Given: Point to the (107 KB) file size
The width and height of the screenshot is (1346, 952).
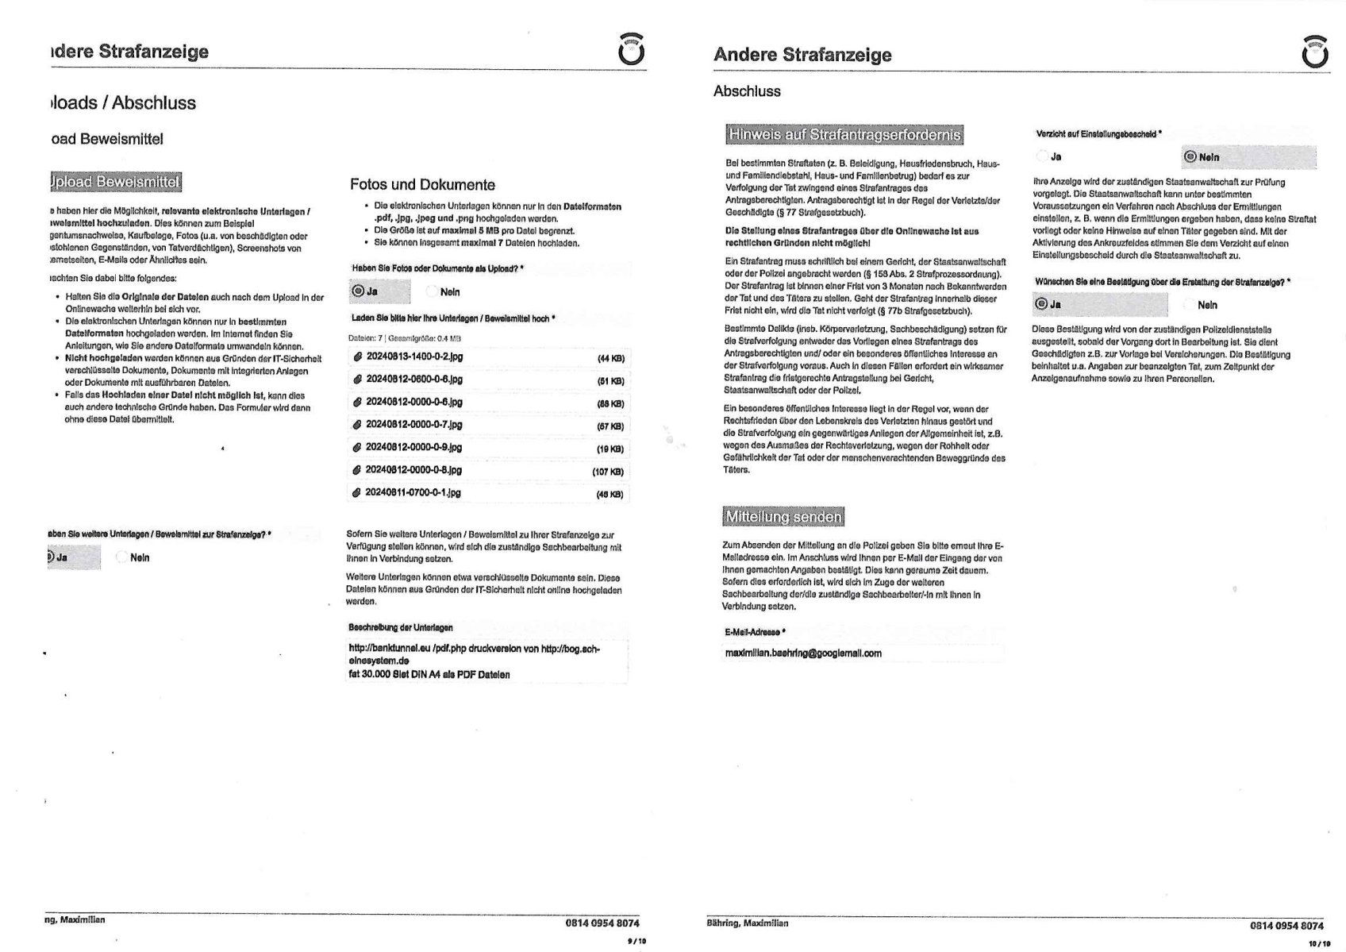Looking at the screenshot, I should coord(608,472).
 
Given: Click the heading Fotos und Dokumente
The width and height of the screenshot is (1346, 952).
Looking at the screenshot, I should coord(422,185).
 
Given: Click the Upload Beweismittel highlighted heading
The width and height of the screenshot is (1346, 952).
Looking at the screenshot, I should coord(115,182).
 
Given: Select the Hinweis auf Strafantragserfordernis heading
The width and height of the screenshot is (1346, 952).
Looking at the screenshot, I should coord(844,134).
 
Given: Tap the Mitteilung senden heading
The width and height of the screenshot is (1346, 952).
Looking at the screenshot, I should coord(783,517).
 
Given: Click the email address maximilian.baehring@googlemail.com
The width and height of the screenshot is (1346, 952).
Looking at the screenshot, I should coord(802,653).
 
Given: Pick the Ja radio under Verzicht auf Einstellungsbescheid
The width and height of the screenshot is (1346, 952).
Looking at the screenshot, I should coord(1043,157).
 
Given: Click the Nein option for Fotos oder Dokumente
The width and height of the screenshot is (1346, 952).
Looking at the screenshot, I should coord(433,292).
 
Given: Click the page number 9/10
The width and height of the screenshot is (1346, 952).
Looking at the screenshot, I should coord(636,941).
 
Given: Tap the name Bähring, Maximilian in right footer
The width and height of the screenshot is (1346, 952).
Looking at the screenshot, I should coord(747,923).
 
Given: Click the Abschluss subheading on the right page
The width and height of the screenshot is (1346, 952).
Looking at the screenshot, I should coord(747,91).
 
